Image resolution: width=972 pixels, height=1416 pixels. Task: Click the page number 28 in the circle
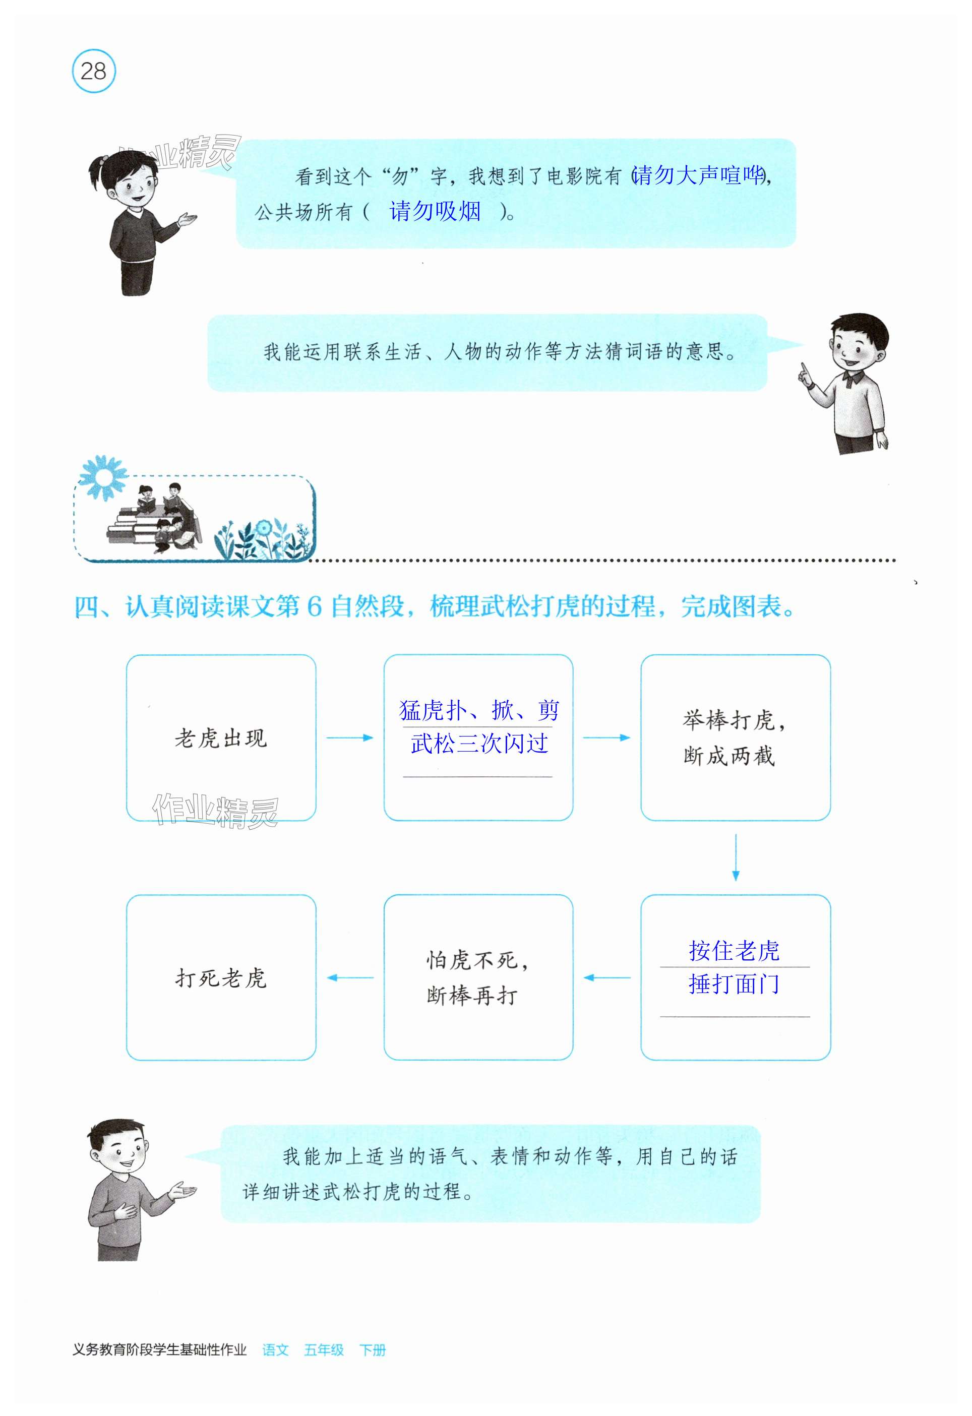pyautogui.click(x=93, y=71)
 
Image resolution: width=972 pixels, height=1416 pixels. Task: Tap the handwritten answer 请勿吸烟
pyautogui.click(x=435, y=211)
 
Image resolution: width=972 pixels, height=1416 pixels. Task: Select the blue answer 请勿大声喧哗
pyautogui.click(x=698, y=175)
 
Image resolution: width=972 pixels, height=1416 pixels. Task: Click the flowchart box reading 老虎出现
pyautogui.click(x=221, y=738)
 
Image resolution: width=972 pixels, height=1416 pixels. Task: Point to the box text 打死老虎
pyautogui.click(x=221, y=978)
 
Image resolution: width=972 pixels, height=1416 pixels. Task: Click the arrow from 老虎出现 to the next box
pyautogui.click(x=349, y=738)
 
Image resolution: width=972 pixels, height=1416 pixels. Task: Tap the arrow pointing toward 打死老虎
pyautogui.click(x=350, y=978)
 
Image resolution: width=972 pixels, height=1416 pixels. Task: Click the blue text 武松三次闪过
pyautogui.click(x=479, y=744)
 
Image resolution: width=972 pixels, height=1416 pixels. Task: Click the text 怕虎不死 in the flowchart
pyautogui.click(x=472, y=961)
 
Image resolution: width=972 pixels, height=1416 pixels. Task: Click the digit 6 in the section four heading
pyautogui.click(x=314, y=607)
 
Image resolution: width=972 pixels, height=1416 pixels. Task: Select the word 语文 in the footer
pyautogui.click(x=275, y=1367)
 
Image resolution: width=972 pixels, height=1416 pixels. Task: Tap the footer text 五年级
pyautogui.click(x=324, y=1367)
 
